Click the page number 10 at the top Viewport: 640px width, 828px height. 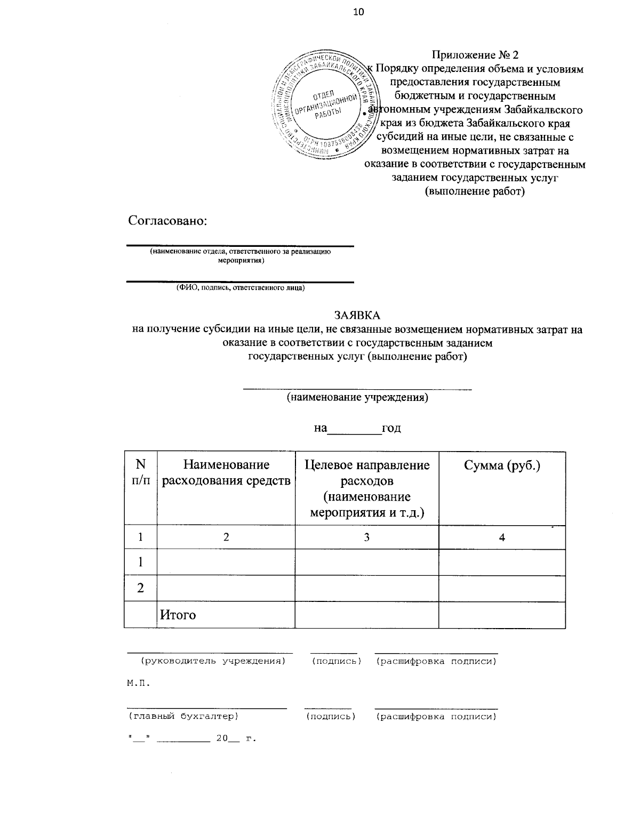point(358,12)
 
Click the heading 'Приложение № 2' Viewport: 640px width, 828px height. point(475,55)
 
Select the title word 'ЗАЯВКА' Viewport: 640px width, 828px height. point(357,316)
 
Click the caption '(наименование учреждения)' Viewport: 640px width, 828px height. point(357,398)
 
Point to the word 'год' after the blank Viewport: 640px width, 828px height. point(391,428)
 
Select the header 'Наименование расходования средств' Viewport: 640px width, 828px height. point(226,473)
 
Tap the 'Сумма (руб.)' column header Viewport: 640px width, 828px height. point(502,465)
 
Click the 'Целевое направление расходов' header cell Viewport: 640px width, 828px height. point(367,488)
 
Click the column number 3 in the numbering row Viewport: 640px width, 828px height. point(367,537)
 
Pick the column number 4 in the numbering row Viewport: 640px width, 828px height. point(502,537)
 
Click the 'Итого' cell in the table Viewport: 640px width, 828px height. point(178,615)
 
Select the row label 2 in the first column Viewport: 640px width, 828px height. point(140,588)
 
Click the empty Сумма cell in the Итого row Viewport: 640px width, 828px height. point(502,615)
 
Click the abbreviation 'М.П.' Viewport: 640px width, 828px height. point(138,683)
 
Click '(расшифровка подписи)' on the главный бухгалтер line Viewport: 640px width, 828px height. point(436,717)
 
